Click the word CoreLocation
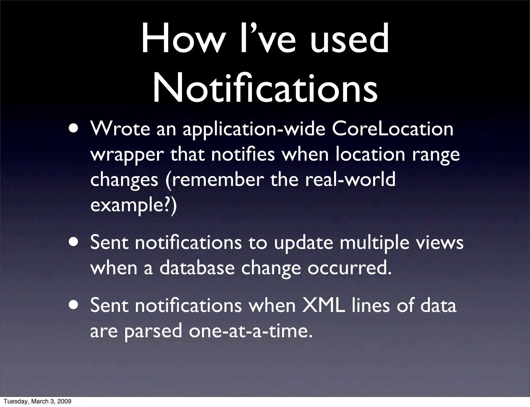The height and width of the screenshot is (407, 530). tap(392, 129)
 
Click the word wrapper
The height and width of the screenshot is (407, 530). tap(127, 155)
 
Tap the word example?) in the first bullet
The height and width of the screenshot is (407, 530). tap(133, 205)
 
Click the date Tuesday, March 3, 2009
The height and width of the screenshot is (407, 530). tap(38, 401)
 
